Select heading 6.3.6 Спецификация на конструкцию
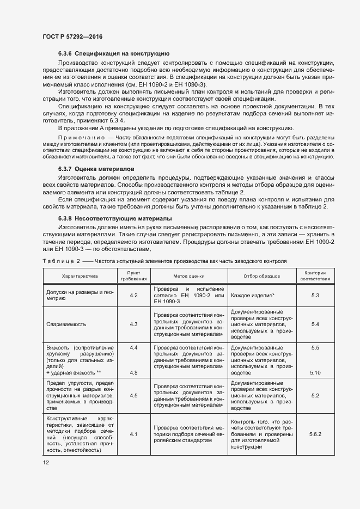tap(114, 54)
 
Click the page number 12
tap(46, 462)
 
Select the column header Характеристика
tap(79, 277)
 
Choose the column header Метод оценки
tap(188, 277)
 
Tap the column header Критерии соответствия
tap(315, 276)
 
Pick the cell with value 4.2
tap(133, 295)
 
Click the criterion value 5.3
tap(315, 295)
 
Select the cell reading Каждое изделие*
tap(253, 295)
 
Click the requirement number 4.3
tap(133, 324)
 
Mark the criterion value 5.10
tap(315, 373)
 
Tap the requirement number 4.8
tap(133, 373)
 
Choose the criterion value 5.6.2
tap(315, 434)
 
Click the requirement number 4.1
tap(133, 434)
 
